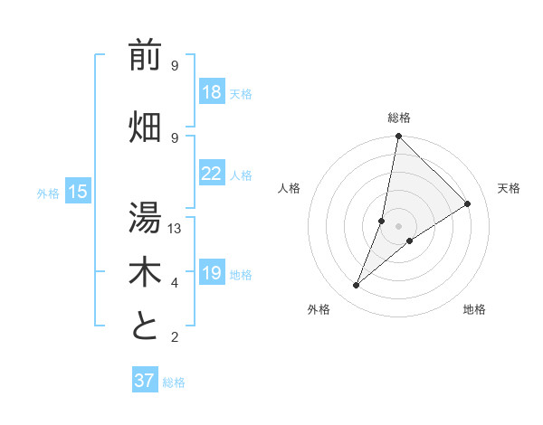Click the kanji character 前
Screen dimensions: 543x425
pyautogui.click(x=145, y=57)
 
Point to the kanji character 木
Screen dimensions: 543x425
pyautogui.click(x=145, y=273)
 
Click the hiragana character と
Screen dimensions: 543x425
pyautogui.click(x=145, y=326)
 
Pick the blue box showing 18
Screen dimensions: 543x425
pyautogui.click(x=211, y=92)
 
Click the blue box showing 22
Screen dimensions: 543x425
pyautogui.click(x=211, y=174)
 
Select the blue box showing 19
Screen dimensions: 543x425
pyautogui.click(x=211, y=273)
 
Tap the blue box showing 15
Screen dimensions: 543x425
pyautogui.click(x=77, y=192)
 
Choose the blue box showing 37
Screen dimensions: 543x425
pyautogui.click(x=145, y=381)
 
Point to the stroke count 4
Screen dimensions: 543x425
pyautogui.click(x=175, y=283)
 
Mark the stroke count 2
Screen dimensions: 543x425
pyautogui.click(x=175, y=337)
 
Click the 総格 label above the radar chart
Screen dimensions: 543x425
pyautogui.click(x=398, y=118)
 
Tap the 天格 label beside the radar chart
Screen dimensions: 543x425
pyautogui.click(x=509, y=188)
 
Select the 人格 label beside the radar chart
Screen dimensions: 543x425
pyautogui.click(x=289, y=188)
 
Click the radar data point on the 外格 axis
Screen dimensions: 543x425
pyautogui.click(x=356, y=286)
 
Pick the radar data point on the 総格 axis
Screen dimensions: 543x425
pyautogui.click(x=398, y=136)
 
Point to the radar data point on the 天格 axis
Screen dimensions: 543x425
pyautogui.click(x=468, y=203)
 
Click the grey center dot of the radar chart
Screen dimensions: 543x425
pyautogui.click(x=398, y=226)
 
